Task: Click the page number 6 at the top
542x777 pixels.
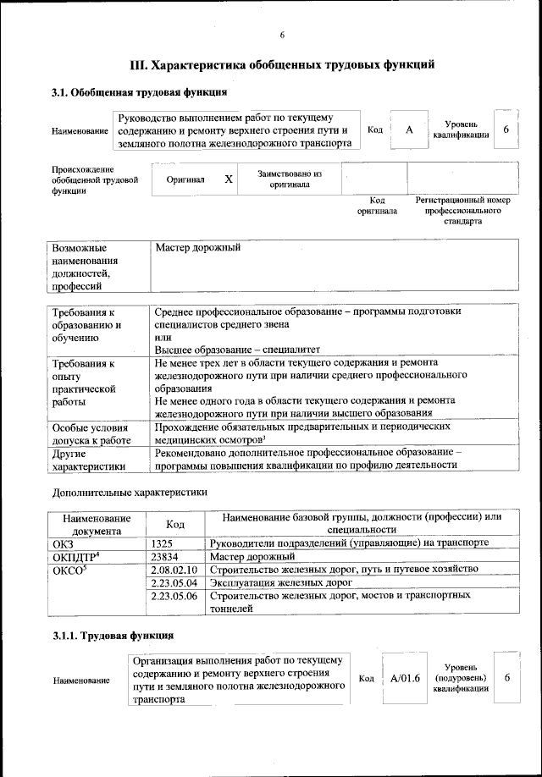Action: pos(282,35)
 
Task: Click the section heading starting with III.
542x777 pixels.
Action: pos(282,64)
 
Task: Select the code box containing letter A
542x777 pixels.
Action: pos(409,130)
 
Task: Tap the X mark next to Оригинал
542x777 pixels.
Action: pos(229,179)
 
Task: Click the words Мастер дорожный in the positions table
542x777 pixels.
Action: pos(199,248)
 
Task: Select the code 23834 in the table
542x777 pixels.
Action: pos(166,557)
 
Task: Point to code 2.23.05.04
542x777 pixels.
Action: pos(173,583)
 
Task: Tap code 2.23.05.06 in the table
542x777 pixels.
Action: pos(173,597)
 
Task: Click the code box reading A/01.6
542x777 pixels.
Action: pos(406,679)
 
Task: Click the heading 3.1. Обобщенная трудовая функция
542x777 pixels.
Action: pos(139,91)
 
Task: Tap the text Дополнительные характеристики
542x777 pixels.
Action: pos(130,491)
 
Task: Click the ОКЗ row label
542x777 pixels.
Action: pos(64,543)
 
